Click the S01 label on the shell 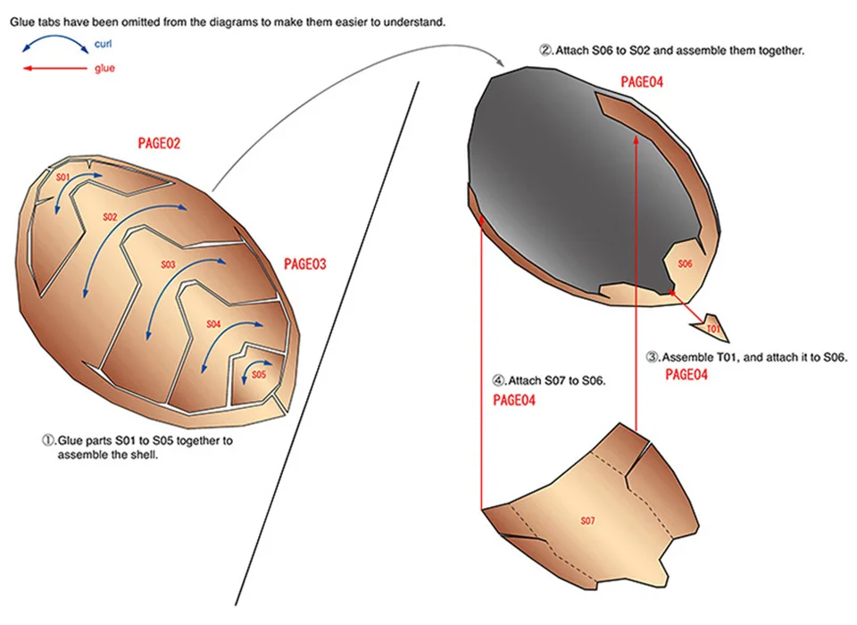[62, 178]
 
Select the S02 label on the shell [110, 217]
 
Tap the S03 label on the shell [168, 265]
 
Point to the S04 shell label [213, 324]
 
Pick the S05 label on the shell [258, 374]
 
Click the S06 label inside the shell [686, 263]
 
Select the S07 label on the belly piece [587, 520]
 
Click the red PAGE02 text [160, 143]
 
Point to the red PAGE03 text [305, 264]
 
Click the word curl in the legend [103, 43]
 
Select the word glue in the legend [104, 68]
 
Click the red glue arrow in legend [54, 68]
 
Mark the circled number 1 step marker [49, 440]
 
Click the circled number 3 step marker [653, 357]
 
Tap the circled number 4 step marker [499, 380]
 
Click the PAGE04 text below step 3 [687, 375]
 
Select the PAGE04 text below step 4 [514, 401]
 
